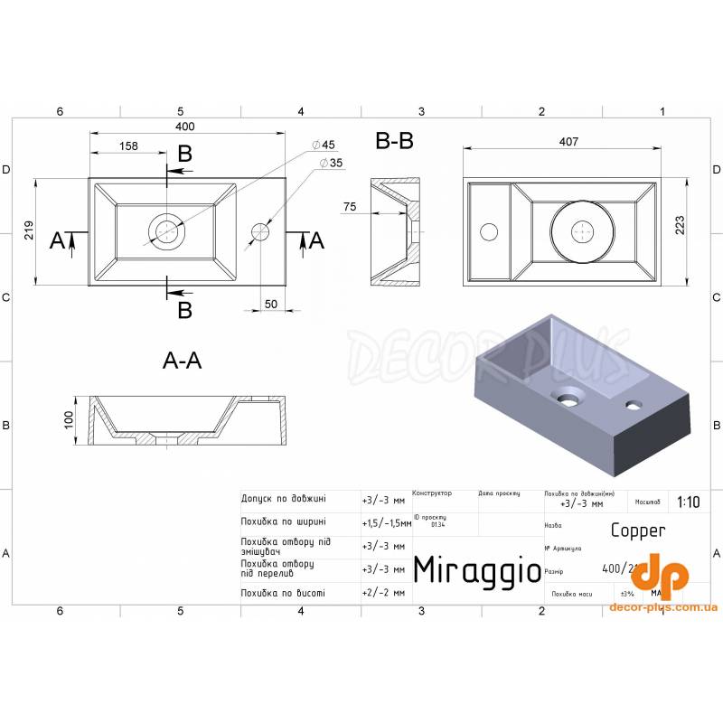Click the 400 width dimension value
pyautogui.click(x=185, y=126)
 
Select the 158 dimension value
pyautogui.click(x=128, y=146)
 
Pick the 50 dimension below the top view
pyautogui.click(x=271, y=304)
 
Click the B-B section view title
pyautogui.click(x=394, y=142)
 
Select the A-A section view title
pyautogui.click(x=182, y=361)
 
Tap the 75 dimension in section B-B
pyautogui.click(x=350, y=207)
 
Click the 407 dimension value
pyautogui.click(x=568, y=142)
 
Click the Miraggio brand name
pyautogui.click(x=476, y=569)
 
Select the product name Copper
pyautogui.click(x=638, y=531)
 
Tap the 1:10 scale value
pyautogui.click(x=687, y=502)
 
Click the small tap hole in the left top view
pyautogui.click(x=260, y=231)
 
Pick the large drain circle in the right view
pyautogui.click(x=583, y=231)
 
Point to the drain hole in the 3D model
pyautogui.click(x=569, y=395)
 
